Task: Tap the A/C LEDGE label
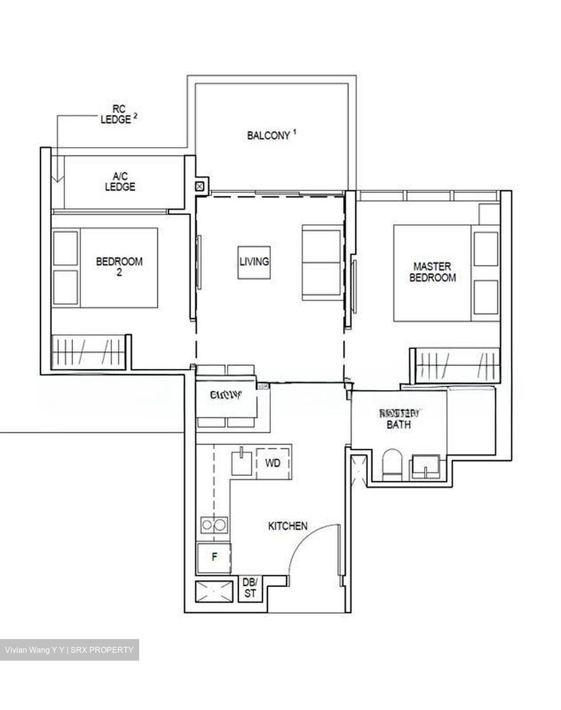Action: (120, 181)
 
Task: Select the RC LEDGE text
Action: (116, 114)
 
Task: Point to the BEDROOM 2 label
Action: (119, 266)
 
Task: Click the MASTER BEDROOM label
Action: (432, 272)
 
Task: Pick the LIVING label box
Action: (254, 262)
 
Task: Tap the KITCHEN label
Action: (288, 526)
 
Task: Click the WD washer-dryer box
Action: (273, 463)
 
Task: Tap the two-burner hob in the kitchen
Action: (214, 525)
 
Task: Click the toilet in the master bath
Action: (393, 464)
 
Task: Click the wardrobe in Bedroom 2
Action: (88, 351)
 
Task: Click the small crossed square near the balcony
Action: (200, 186)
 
